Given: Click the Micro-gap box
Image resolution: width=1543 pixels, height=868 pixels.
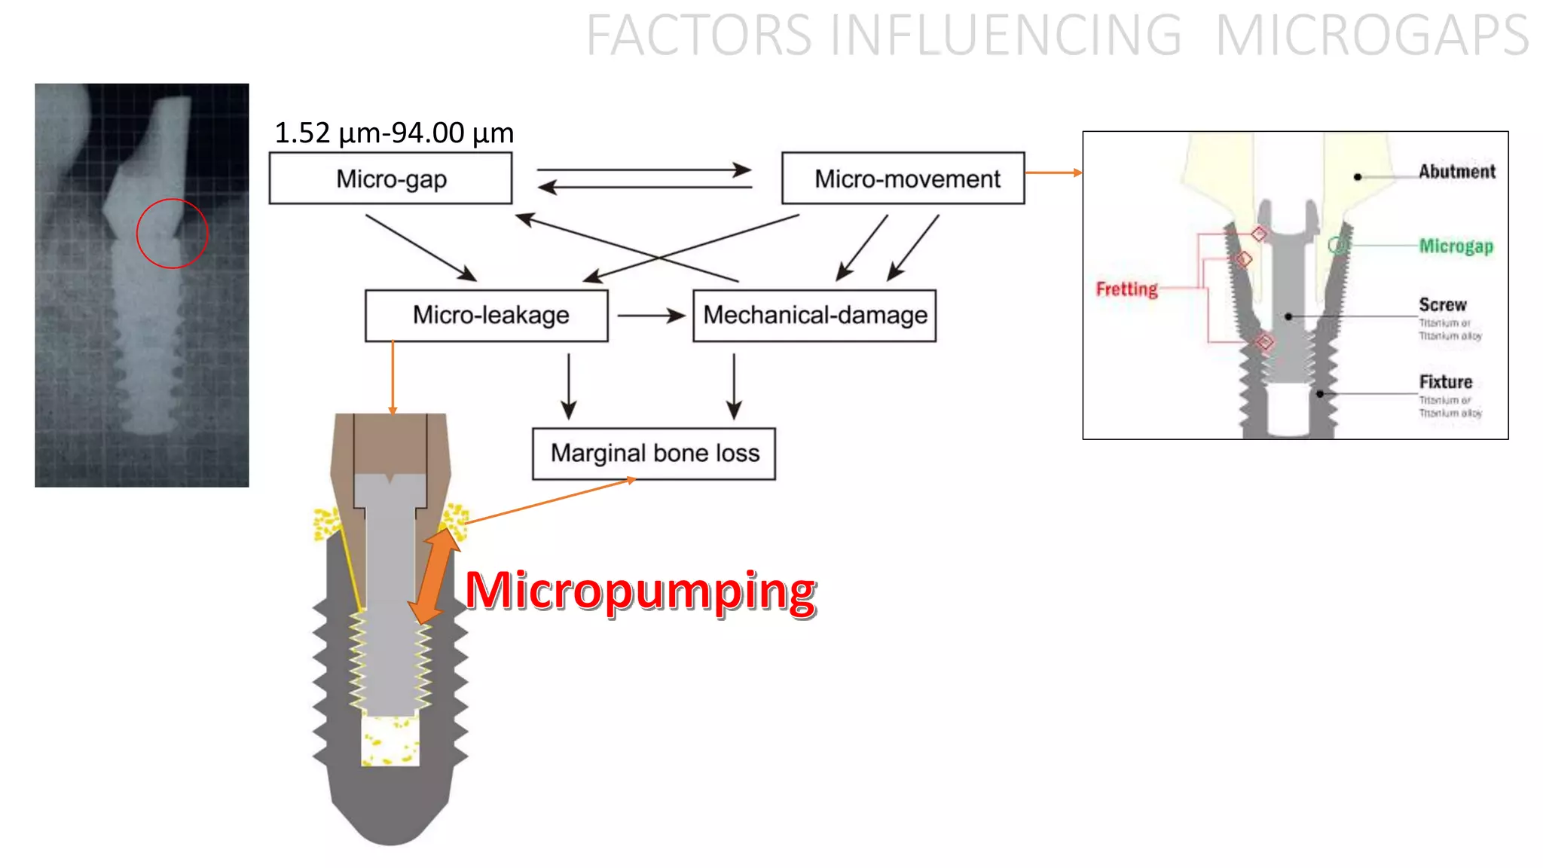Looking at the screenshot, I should coord(390,179).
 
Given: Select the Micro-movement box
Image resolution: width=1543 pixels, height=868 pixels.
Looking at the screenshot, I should coord(903,179).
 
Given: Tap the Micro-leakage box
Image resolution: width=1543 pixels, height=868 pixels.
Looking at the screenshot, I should coord(486,315).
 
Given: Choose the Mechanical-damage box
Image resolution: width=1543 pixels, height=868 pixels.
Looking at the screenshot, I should coord(814,315).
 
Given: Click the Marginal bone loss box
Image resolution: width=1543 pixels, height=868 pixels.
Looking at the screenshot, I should coord(653,453).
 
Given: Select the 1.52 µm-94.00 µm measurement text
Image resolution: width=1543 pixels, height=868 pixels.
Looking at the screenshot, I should coord(393,133).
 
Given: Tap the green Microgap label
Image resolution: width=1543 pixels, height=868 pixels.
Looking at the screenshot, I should coord(1455,246).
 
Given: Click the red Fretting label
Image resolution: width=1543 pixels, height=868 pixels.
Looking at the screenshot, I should coord(1126,289).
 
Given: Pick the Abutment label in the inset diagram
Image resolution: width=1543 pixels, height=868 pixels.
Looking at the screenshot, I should coord(1456,171).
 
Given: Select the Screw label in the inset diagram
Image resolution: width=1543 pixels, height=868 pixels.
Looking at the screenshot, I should coord(1442,304).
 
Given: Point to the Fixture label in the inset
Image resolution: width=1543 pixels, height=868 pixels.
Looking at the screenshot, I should coord(1445,381).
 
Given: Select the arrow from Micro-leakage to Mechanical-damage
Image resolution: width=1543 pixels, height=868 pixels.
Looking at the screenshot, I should coord(650,315).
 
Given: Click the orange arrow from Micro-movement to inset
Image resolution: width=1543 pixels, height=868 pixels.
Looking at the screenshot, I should coord(1053,173).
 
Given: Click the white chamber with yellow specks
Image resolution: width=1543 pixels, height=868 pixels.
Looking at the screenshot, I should coord(390,740).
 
